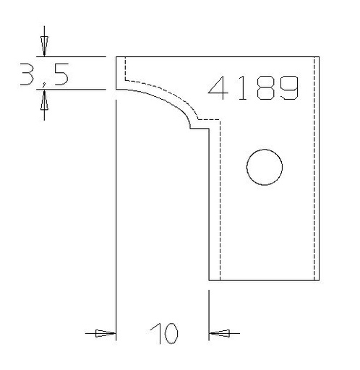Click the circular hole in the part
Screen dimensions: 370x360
[264, 168]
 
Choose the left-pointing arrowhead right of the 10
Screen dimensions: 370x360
[218, 334]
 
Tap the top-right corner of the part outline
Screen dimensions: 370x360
[320, 56]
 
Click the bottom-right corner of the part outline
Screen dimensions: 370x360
[320, 280]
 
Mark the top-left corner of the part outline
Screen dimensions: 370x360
[117, 56]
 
